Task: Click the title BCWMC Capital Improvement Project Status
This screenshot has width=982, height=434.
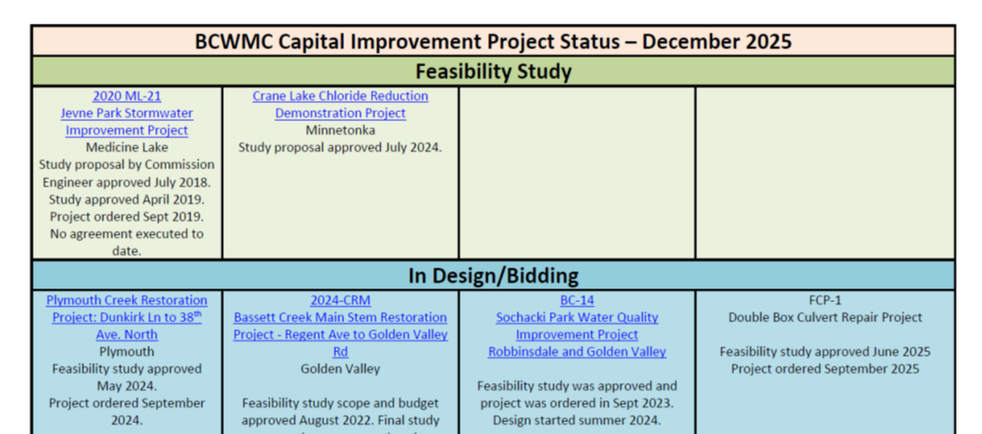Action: pos(492,42)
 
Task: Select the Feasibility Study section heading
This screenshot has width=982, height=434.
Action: pos(492,71)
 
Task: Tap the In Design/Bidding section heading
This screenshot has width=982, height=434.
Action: pos(492,276)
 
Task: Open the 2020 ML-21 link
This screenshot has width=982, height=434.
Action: pos(127,96)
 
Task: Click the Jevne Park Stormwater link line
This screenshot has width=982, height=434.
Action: pos(127,113)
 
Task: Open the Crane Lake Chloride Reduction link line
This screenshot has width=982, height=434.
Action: pos(340,96)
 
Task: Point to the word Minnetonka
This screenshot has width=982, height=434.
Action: pos(340,130)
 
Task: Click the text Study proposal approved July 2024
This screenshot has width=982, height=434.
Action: pos(340,147)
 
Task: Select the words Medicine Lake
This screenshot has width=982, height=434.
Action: pos(127,147)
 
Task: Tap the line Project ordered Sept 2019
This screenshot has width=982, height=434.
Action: pos(127,217)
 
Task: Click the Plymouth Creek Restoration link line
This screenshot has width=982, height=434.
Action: pos(127,300)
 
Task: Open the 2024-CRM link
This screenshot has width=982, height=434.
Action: pos(340,300)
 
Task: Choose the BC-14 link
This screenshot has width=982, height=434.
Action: pos(577,300)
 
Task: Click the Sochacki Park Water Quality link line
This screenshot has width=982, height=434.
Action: pos(577,318)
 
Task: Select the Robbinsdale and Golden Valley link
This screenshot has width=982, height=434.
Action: pos(577,352)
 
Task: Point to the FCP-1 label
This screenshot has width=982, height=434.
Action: pos(825,300)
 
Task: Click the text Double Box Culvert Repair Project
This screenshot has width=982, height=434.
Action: pos(825,318)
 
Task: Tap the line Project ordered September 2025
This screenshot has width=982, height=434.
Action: pos(825,368)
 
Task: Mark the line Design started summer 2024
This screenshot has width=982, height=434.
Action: pos(577,420)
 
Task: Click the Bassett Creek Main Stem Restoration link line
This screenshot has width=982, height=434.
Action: pos(340,318)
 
